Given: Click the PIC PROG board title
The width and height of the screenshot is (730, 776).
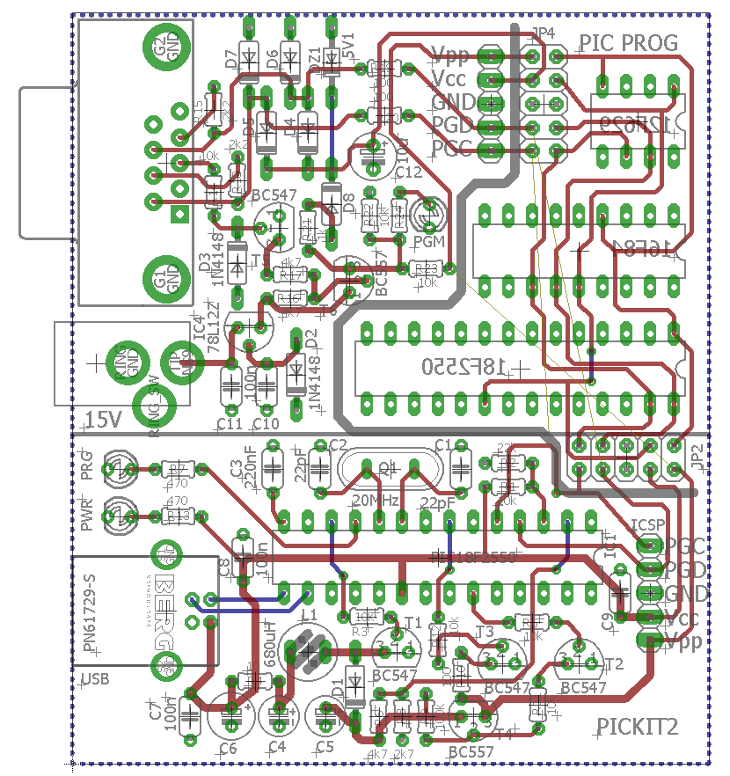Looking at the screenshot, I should pos(628,42).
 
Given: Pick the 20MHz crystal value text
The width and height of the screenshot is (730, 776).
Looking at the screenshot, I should pos(376,501).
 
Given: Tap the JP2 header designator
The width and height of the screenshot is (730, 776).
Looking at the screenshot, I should pos(696,457).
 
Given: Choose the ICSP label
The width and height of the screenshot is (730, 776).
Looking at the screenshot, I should pos(647,525).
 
